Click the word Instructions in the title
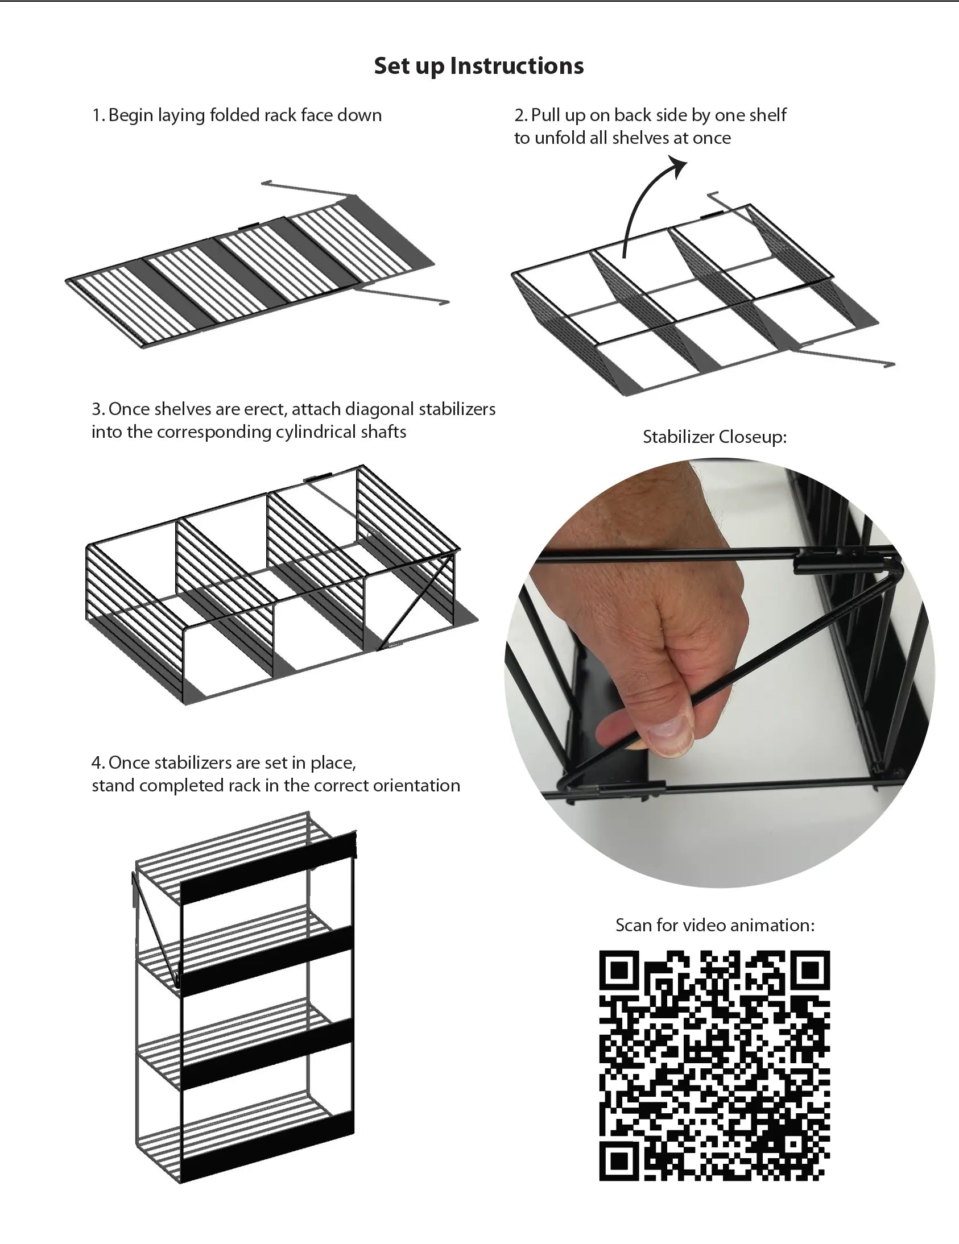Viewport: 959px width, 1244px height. point(517,66)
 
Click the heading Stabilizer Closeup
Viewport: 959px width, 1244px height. point(714,437)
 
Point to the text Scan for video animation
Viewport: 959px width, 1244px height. point(714,925)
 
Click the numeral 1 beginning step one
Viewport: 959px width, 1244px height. point(96,115)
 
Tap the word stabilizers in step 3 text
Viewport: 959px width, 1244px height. point(457,409)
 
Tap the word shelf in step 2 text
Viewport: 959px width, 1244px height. point(768,115)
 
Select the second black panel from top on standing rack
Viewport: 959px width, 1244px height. point(267,961)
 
